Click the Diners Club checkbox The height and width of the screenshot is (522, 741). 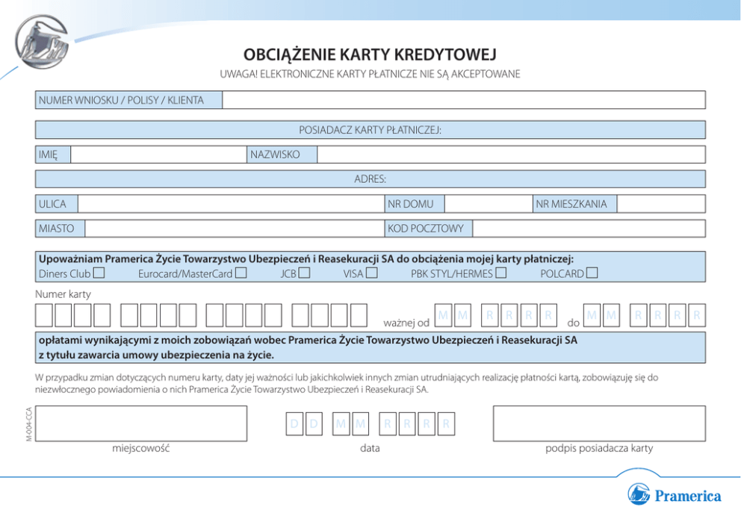tap(99, 273)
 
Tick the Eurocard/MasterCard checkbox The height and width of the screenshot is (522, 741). tap(241, 273)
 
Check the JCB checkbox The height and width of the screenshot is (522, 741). tap(304, 273)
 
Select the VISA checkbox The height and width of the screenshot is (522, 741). tap(371, 273)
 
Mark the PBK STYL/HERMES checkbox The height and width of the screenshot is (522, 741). tap(500, 273)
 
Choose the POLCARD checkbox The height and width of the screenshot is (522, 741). tap(592, 273)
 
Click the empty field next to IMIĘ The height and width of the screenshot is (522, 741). tap(158, 155)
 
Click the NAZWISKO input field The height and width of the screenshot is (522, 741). tap(511, 155)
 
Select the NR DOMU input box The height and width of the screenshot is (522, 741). tap(489, 204)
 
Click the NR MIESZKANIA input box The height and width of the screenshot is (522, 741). tap(661, 204)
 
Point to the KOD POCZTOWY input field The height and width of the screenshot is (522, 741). tap(589, 229)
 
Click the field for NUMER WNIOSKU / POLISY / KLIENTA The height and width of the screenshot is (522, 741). tap(464, 100)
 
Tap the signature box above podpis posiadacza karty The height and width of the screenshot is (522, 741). tap(599, 423)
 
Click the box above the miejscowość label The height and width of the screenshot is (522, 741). tap(141, 423)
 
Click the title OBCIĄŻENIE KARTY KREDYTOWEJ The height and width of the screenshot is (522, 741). tap(370, 55)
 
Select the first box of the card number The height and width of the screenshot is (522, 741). tap(45, 316)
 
